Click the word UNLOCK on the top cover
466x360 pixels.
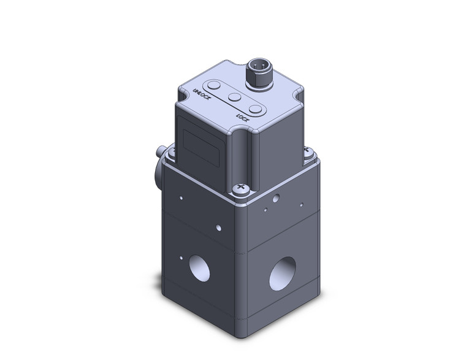(x=202, y=96)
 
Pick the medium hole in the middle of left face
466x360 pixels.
(x=219, y=228)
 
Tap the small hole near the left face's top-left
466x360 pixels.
(x=181, y=197)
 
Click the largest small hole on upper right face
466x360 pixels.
(x=277, y=199)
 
